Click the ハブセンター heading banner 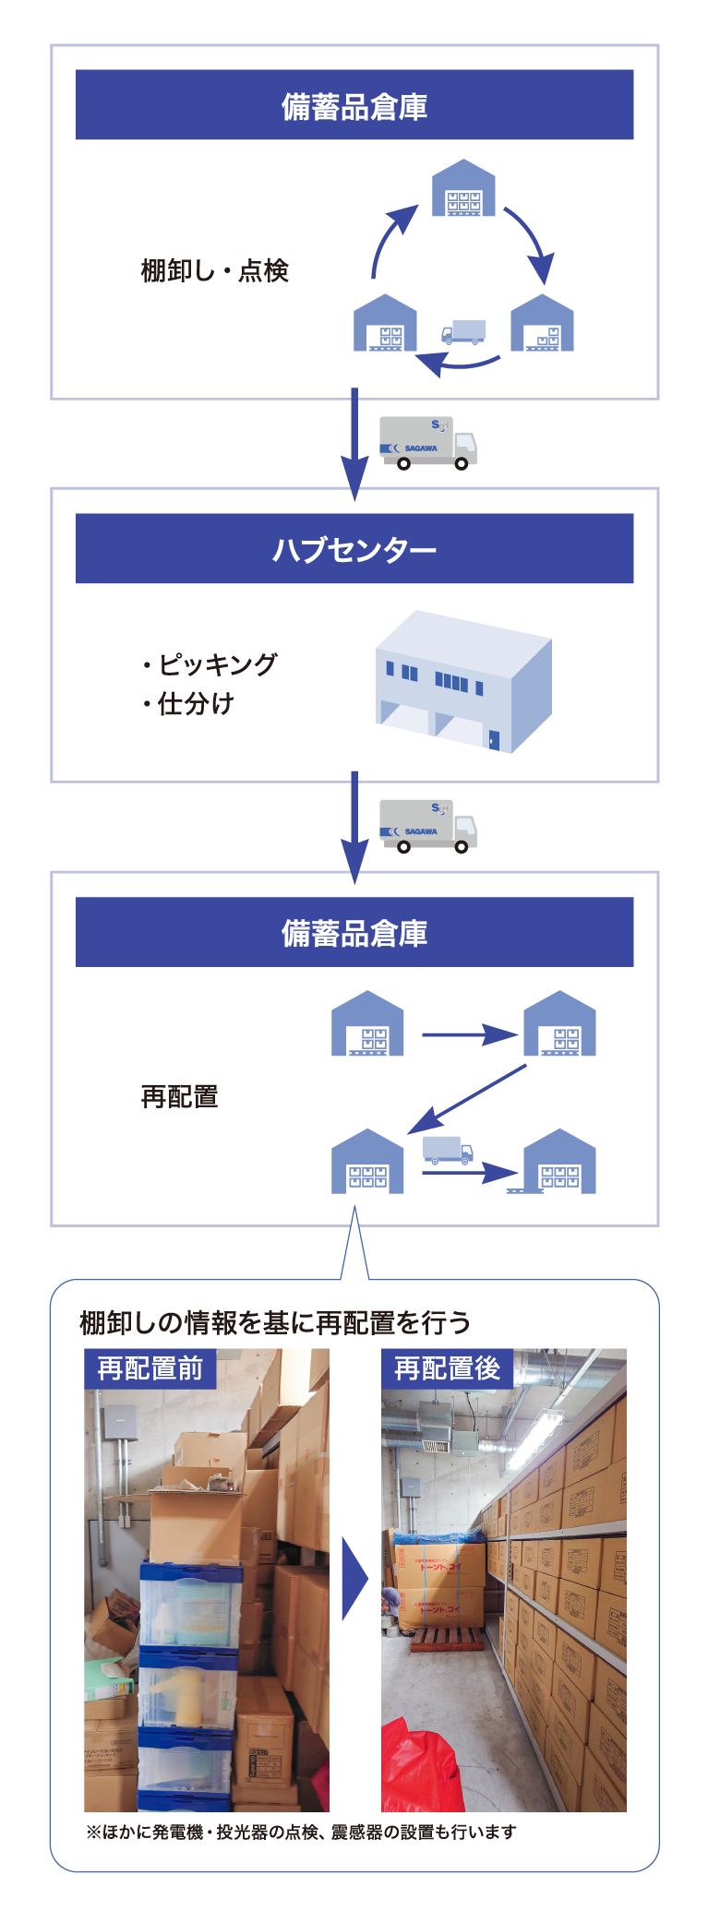click(354, 549)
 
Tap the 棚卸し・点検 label click(214, 270)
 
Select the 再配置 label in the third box click(179, 1096)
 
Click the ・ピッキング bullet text click(210, 664)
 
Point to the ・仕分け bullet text click(189, 704)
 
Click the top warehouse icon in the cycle click(463, 189)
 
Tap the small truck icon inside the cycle click(462, 332)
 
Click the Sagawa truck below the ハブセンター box click(428, 826)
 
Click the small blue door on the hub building click(493, 739)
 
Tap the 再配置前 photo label click(150, 1368)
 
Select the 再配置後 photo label click(447, 1368)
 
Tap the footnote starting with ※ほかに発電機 click(301, 1832)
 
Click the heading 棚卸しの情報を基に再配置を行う click(275, 1322)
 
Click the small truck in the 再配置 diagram click(448, 1150)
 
